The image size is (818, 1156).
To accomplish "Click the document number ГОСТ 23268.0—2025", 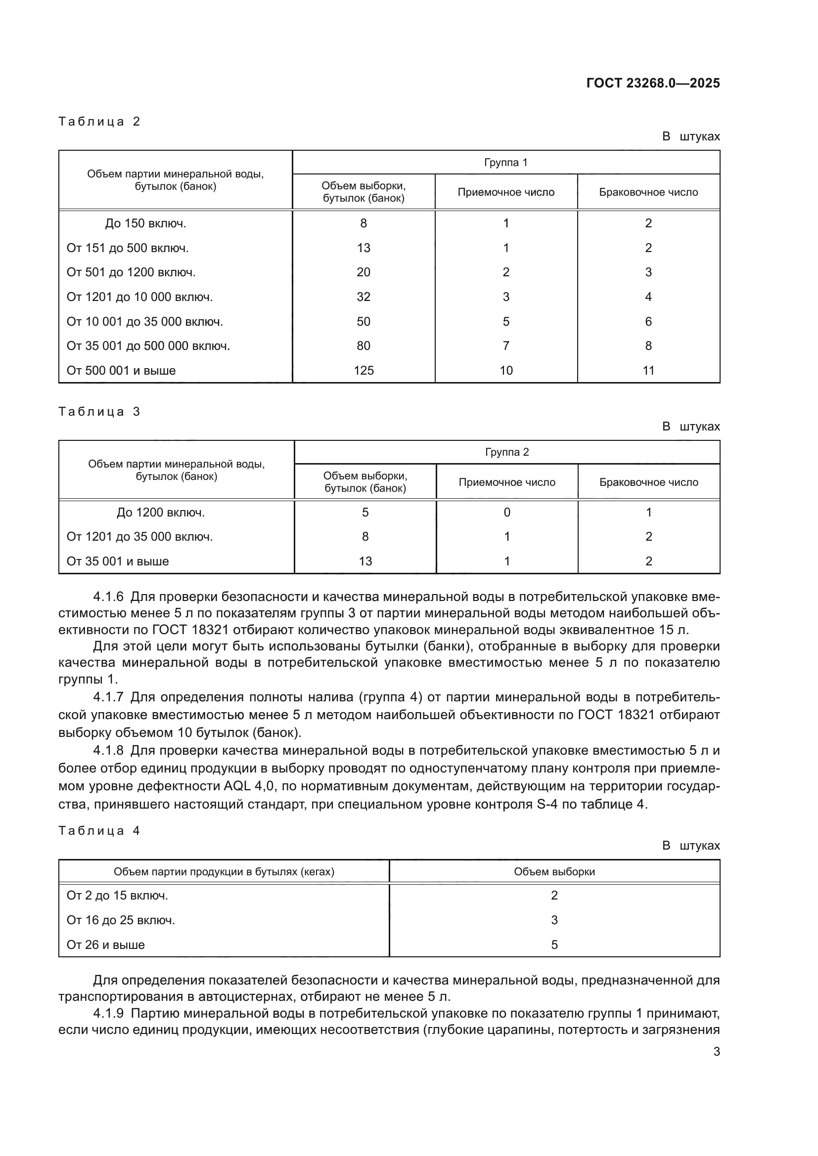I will (653, 83).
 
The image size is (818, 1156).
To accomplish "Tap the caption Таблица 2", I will (99, 122).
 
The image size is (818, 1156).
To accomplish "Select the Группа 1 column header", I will (506, 162).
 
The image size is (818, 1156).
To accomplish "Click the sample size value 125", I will (363, 371).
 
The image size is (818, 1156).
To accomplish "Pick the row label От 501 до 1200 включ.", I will (131, 272).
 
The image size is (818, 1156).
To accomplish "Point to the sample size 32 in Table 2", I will (363, 297).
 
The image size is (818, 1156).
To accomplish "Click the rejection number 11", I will (648, 371).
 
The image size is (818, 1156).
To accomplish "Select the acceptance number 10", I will (506, 371).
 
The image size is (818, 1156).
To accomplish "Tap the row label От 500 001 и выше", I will (121, 371).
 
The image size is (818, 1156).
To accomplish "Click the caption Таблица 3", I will (99, 412).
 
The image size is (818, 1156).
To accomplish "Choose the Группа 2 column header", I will (507, 452).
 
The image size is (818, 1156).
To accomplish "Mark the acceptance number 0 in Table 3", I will (507, 512).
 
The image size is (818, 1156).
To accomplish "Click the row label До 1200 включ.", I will (161, 513).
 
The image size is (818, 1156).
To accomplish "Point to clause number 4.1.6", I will (108, 597).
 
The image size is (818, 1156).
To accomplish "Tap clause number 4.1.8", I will (108, 751).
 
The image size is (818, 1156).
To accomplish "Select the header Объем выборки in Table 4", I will (554, 871).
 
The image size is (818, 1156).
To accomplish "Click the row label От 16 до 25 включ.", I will (121, 920).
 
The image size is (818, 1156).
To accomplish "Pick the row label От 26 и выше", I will (106, 944).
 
